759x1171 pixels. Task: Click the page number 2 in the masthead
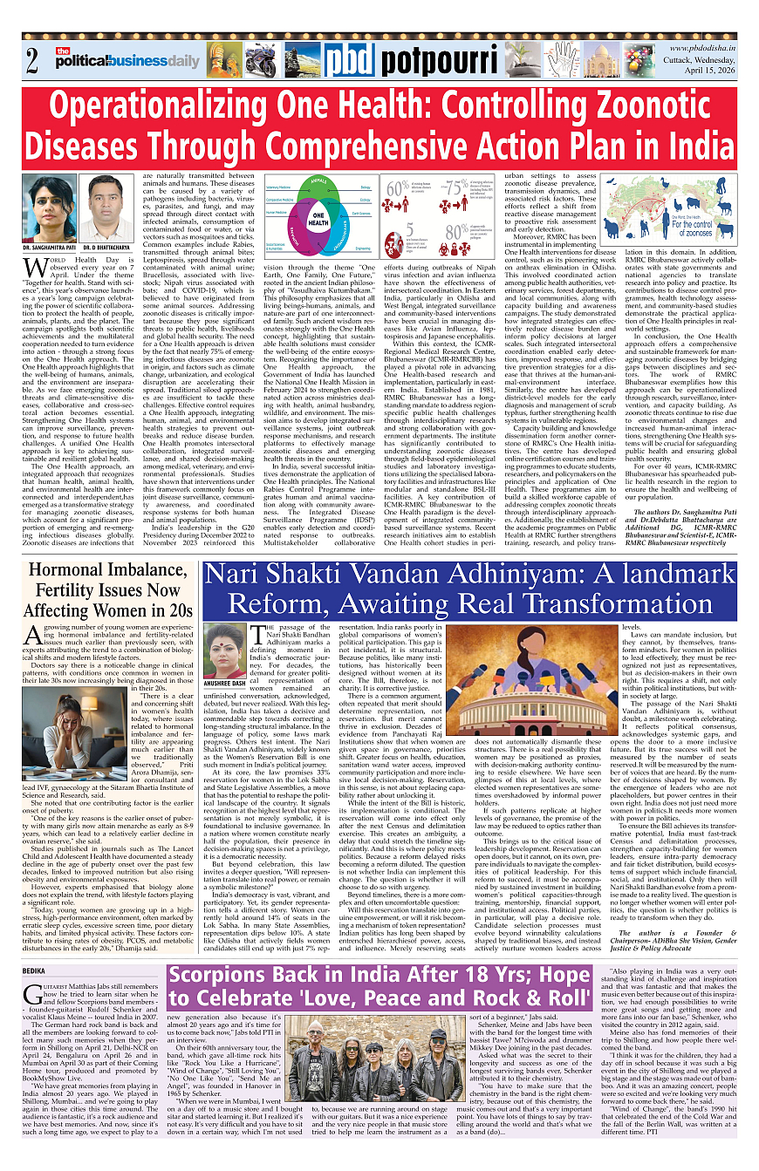coord(31,62)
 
